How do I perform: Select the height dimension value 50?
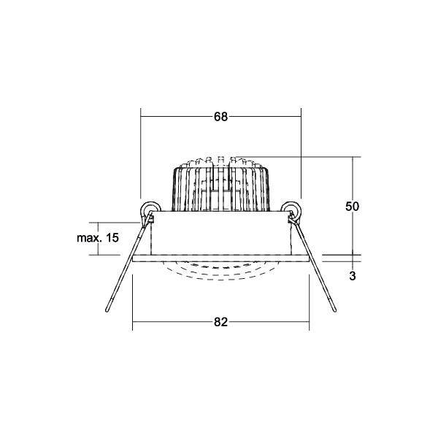(x=352, y=207)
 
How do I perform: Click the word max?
(x=88, y=239)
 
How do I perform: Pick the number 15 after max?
(x=112, y=239)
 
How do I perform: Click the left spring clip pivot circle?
(x=149, y=210)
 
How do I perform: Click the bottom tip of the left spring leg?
(x=107, y=311)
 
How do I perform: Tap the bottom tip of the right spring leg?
(x=334, y=311)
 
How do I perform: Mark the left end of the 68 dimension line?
(x=141, y=115)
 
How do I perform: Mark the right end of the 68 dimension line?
(x=301, y=115)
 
